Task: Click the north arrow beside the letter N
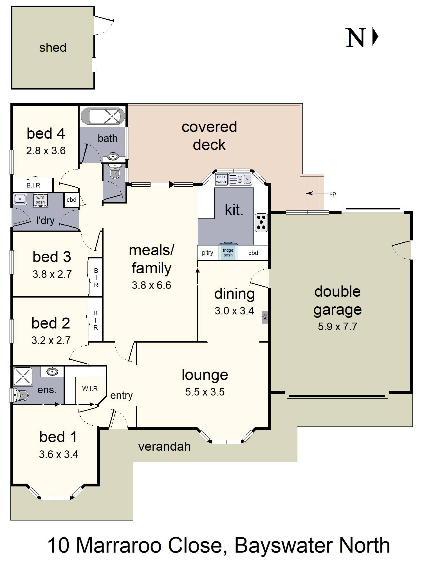375,36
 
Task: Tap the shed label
53,48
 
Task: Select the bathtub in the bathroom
103,116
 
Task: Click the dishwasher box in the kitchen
221,179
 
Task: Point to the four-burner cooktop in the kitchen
261,223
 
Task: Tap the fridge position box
228,252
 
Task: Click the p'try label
208,253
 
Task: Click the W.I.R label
90,388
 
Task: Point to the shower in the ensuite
23,377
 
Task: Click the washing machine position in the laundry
40,200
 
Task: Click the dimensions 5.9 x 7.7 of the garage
338,327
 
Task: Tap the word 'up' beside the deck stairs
333,194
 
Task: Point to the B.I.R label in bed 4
33,185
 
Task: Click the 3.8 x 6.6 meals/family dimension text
151,285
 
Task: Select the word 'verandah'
165,447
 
